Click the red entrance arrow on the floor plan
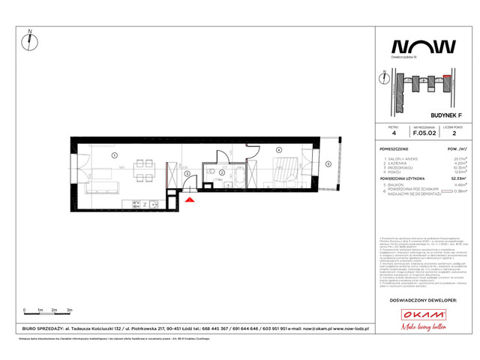190,200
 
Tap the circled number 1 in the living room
113,155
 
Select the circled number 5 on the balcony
327,164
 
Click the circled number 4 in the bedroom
277,151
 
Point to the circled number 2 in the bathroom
222,172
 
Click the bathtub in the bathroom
238,175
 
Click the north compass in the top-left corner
28,40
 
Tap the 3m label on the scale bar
69,309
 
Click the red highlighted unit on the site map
448,76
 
